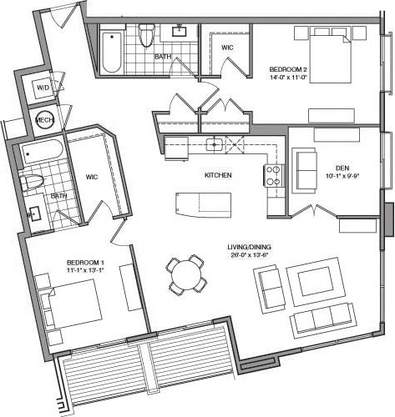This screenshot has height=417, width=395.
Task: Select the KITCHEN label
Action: (217, 176)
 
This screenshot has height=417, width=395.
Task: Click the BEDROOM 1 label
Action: (85, 264)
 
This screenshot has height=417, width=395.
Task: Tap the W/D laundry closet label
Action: (42, 88)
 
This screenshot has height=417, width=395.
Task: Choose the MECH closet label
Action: (45, 120)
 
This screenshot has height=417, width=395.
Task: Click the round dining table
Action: (185, 274)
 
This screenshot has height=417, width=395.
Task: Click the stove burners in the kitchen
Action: (273, 175)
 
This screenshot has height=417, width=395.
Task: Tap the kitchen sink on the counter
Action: (215, 144)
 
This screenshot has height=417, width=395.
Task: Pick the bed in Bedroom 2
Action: (325, 57)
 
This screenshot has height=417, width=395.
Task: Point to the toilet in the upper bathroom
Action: (147, 35)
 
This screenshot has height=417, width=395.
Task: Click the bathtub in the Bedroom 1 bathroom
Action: (42, 152)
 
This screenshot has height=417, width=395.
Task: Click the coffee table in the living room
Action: (312, 278)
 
